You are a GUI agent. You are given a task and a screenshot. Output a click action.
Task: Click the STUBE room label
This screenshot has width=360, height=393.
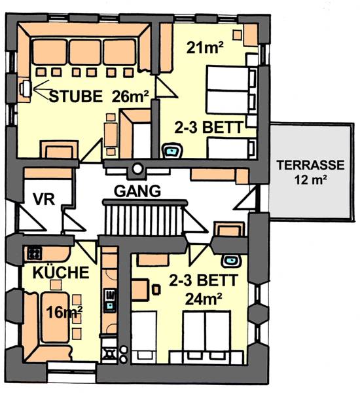pos(76,96)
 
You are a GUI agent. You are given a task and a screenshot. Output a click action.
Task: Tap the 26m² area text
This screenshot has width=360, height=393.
pos(130,96)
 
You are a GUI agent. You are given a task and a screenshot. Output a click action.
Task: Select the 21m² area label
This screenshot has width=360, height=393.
pos(205,47)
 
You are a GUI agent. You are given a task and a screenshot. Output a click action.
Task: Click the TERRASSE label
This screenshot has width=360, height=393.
pos(311,166)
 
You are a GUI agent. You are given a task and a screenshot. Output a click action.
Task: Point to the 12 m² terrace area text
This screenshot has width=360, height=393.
pos(311,179)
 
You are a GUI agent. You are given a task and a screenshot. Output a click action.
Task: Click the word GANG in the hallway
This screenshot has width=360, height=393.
pos(137,191)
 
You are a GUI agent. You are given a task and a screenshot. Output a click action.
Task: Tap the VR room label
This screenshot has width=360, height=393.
pos(44,200)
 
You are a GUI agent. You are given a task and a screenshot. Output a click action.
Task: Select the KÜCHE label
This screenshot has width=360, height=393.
pos(61,272)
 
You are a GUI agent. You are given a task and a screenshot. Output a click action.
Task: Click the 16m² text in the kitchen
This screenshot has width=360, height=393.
pos(64,312)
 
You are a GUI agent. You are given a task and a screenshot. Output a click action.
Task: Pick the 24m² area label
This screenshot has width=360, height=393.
pos(204,299)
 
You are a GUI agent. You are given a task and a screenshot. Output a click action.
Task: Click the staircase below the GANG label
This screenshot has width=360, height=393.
pos(145,217)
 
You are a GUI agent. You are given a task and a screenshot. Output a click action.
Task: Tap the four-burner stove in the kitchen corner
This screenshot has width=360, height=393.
pos(34,253)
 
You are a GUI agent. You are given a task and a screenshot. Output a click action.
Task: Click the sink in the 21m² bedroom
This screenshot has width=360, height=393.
pos(172,151)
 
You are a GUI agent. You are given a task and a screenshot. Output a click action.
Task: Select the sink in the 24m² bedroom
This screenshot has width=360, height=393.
pos(231,261)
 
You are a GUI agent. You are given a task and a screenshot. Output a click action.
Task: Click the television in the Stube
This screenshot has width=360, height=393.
pos(26,88)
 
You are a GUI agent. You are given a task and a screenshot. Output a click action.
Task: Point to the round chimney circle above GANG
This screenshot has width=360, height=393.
pos(137,168)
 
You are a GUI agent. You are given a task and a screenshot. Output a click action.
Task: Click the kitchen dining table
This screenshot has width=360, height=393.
pos(55,317)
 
